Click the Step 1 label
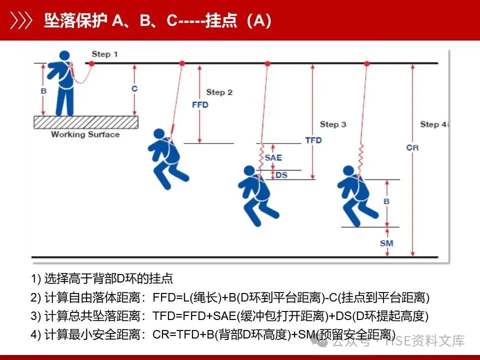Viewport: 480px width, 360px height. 104,53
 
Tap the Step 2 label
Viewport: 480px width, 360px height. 219,92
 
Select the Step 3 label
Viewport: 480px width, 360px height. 333,124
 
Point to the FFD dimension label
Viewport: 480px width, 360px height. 200,105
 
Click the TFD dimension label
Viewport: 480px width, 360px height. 313,140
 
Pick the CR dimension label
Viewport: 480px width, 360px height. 412,148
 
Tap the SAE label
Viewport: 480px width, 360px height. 273,157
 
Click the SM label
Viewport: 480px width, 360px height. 386,243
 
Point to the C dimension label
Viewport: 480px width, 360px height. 134,88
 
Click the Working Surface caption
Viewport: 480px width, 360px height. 85,134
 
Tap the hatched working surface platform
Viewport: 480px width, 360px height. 85,122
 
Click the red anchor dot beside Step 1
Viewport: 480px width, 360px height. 91,63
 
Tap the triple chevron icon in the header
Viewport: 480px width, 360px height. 22,20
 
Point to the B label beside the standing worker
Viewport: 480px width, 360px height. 43,92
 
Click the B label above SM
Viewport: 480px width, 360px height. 385,201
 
